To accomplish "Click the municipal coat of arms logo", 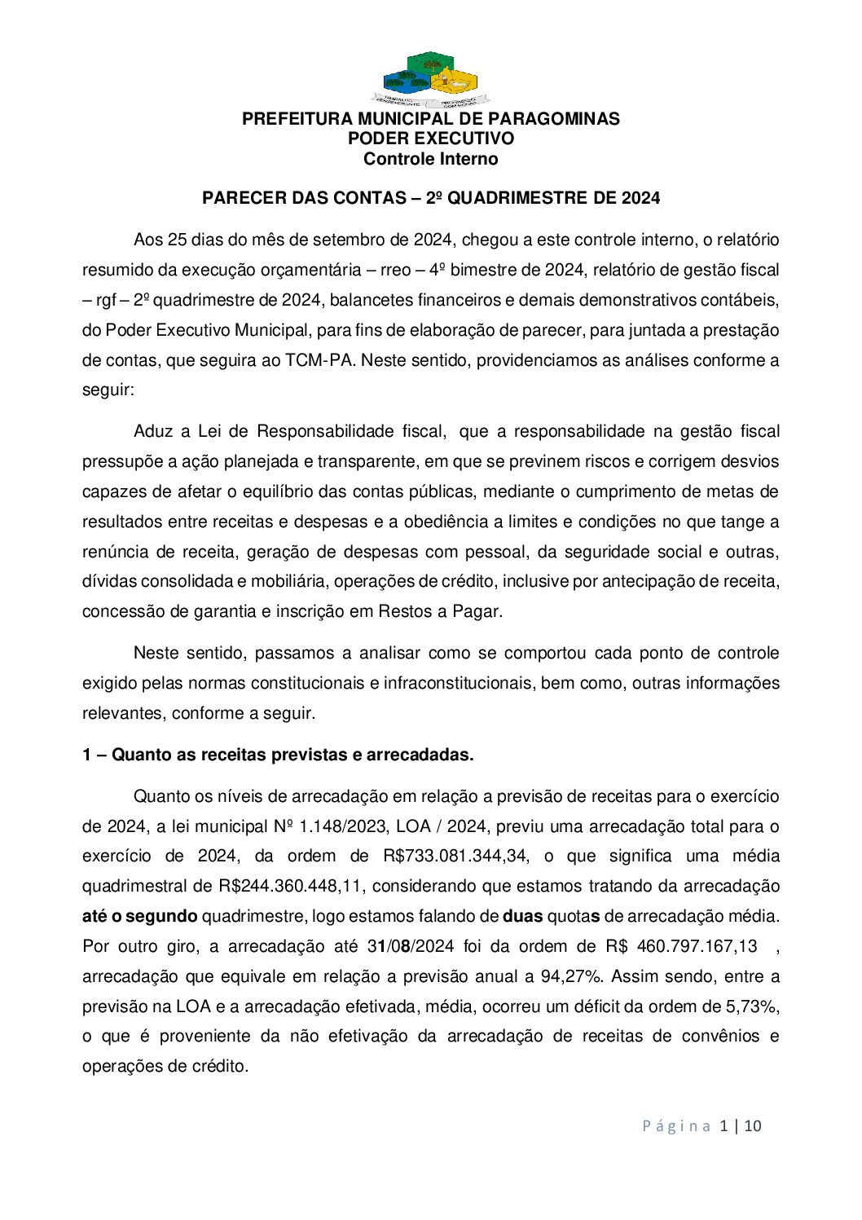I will click(x=430, y=80).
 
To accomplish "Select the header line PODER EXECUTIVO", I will click(x=430, y=139).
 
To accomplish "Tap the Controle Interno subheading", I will click(x=430, y=159).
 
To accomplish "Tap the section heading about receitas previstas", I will click(x=278, y=755).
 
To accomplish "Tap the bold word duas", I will click(x=522, y=916).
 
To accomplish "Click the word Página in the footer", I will click(x=676, y=1126).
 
